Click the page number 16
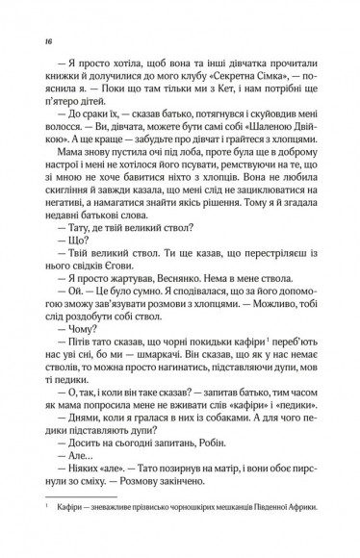click(35, 42)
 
